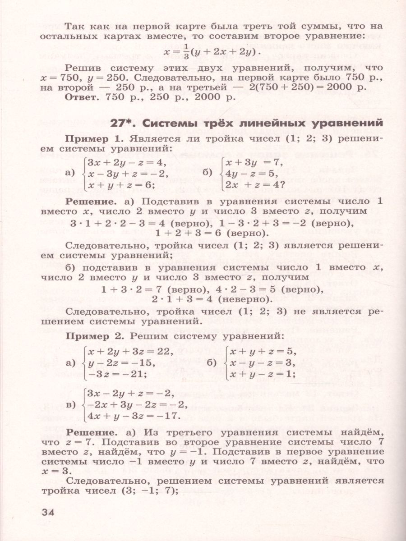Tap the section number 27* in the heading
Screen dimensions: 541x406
click(125, 123)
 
